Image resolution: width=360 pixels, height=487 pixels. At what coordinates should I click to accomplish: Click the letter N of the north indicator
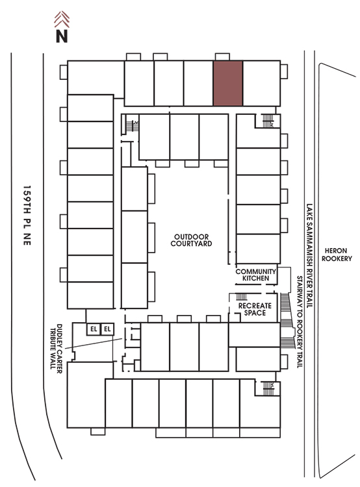pos(62,36)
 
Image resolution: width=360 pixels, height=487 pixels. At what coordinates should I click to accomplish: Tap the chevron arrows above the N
pos(62,19)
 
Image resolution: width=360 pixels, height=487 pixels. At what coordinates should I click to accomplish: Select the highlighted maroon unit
pos(228,83)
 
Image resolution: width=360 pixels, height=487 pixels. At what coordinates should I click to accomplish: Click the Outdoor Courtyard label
pos(191,240)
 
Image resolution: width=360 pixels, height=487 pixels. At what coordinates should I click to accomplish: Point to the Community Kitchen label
pos(256,275)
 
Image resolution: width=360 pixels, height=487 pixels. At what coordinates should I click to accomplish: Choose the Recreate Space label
pos(255,309)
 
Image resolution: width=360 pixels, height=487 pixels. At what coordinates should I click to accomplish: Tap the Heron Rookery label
pos(337,255)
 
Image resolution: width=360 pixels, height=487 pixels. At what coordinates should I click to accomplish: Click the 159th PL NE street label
pos(27,216)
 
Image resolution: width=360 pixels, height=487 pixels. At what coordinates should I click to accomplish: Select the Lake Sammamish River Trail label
pos(309,256)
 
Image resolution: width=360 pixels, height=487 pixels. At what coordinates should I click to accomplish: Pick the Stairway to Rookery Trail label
pos(300,322)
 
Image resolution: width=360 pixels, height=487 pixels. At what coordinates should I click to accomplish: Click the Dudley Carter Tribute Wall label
pos(57,349)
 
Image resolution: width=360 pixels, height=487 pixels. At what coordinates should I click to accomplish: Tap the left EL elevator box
pos(94,329)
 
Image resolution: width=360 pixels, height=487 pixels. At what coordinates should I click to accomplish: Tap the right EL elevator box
pos(107,329)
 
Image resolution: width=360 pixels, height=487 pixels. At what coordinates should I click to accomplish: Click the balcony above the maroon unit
pos(222,57)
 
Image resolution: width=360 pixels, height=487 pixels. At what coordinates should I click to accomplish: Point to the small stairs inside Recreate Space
pos(242,296)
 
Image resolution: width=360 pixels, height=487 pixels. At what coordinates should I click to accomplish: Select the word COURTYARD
pos(191,243)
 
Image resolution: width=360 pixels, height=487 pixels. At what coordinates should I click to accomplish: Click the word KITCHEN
pos(256,279)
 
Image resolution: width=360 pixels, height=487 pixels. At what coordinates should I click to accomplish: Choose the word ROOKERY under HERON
pos(337,258)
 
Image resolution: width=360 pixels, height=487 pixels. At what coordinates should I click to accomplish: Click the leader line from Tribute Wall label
pos(94,343)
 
